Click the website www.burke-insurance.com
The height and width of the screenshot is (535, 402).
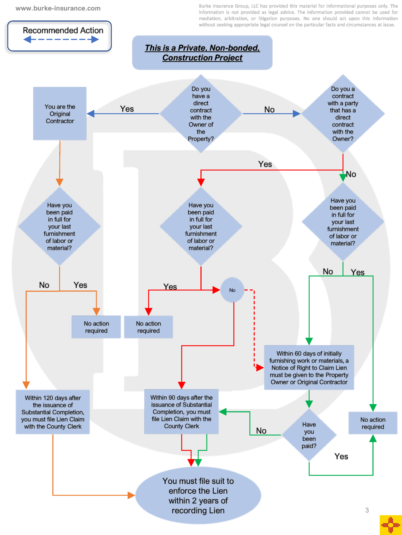[x=58, y=8]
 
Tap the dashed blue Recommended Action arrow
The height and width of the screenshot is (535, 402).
[x=61, y=40]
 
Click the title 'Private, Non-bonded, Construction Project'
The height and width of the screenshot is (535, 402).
[x=202, y=53]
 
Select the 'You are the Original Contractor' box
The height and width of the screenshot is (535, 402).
[x=60, y=114]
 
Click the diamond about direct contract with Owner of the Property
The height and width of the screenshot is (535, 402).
[x=201, y=114]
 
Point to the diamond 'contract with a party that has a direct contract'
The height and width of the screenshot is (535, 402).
[x=343, y=114]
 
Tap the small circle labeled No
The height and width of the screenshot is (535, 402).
[x=232, y=290]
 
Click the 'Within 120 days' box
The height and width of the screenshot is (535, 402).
[x=53, y=412]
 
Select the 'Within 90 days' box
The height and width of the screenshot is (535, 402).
[x=181, y=412]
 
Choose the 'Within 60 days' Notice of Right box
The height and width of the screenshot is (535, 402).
[x=309, y=368]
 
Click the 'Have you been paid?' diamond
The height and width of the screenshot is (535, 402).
[x=309, y=435]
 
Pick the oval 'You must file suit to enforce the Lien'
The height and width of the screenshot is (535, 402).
[x=198, y=495]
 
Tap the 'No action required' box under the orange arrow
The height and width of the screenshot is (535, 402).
[x=96, y=327]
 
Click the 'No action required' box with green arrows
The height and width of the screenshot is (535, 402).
[x=373, y=423]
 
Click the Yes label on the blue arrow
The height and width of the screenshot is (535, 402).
[x=127, y=109]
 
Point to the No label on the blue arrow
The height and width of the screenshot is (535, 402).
[x=269, y=110]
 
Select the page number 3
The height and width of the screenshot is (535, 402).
[x=367, y=510]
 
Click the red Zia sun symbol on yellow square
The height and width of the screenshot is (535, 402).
[x=391, y=525]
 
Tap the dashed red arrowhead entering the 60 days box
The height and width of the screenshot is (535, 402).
[x=260, y=368]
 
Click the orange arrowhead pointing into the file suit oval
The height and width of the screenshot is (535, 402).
[x=131, y=495]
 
